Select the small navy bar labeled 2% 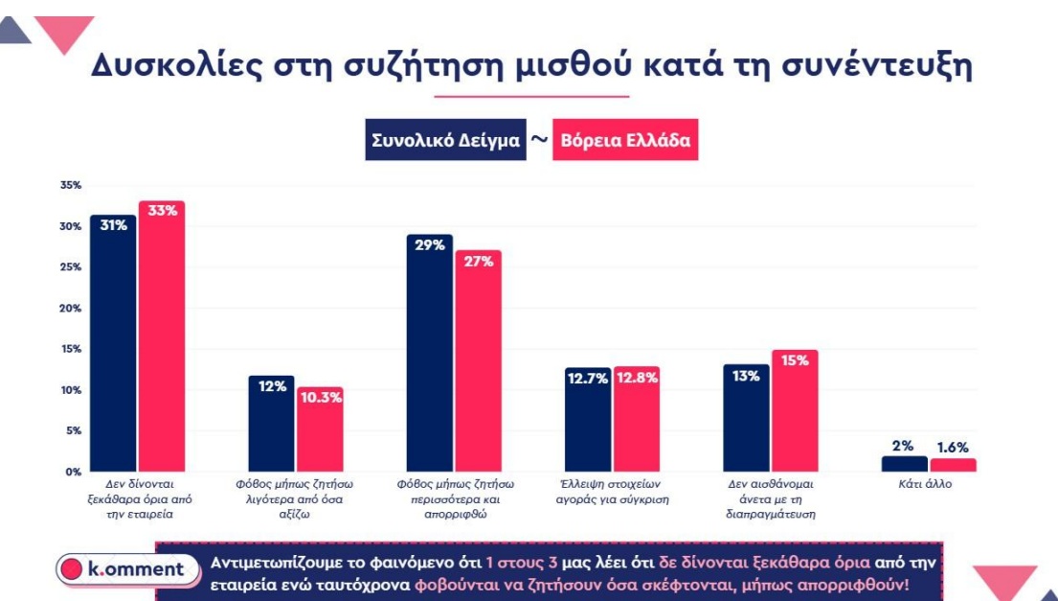(x=904, y=464)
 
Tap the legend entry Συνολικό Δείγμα (x=445, y=141)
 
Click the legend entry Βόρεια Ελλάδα (x=625, y=141)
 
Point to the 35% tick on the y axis (x=71, y=186)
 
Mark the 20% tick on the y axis (x=71, y=309)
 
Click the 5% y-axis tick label (x=74, y=431)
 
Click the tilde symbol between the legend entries (x=539, y=140)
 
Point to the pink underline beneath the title (x=531, y=97)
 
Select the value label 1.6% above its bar (x=952, y=447)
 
